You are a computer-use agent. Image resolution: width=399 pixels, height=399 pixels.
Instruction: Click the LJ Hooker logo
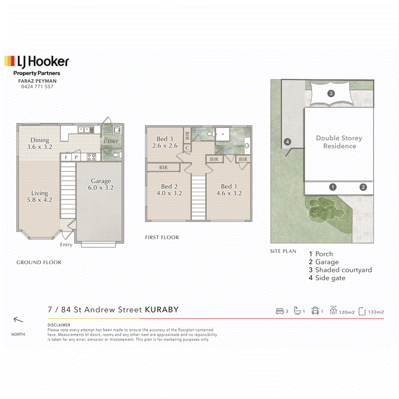pyautogui.click(x=36, y=62)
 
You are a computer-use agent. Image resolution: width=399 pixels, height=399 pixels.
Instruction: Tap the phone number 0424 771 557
pyautogui.click(x=37, y=87)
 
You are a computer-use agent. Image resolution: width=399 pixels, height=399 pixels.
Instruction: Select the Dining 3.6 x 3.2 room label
pyautogui.click(x=40, y=144)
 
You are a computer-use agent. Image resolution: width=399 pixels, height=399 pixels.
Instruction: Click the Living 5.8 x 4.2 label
pyautogui.click(x=39, y=197)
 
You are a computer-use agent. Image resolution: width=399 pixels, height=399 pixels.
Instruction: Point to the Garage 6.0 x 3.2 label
pyautogui.click(x=101, y=184)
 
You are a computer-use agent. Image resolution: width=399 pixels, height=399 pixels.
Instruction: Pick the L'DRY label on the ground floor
pyautogui.click(x=111, y=142)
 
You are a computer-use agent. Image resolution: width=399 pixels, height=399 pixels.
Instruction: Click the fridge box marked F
pyautogui.click(x=66, y=157)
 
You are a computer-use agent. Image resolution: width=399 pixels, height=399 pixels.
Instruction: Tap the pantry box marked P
pyautogui.click(x=76, y=157)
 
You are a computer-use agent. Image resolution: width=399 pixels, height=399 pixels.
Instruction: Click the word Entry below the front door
pyautogui.click(x=66, y=244)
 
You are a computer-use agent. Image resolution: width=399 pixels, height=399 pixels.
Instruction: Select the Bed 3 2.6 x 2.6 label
pyautogui.click(x=165, y=142)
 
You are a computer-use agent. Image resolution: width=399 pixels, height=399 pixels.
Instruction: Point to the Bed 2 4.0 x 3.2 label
pyautogui.click(x=169, y=190)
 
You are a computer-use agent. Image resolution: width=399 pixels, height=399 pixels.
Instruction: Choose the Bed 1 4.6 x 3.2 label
pyautogui.click(x=229, y=190)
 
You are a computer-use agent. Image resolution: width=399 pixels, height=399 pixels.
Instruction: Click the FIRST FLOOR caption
pyautogui.click(x=162, y=237)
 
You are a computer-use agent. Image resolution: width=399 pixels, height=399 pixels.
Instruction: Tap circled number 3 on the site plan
pyautogui.click(x=331, y=93)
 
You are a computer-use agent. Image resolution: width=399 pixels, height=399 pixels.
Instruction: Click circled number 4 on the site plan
pyautogui.click(x=287, y=142)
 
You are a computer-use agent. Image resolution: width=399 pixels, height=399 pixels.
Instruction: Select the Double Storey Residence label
pyautogui.click(x=339, y=142)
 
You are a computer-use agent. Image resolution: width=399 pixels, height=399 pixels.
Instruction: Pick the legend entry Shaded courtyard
pyautogui.click(x=344, y=270)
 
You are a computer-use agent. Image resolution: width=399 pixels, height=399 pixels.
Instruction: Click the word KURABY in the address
pyautogui.click(x=162, y=310)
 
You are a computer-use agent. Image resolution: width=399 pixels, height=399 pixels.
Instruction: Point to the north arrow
pyautogui.click(x=18, y=320)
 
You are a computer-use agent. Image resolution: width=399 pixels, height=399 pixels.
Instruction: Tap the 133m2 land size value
pyautogui.click(x=376, y=312)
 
